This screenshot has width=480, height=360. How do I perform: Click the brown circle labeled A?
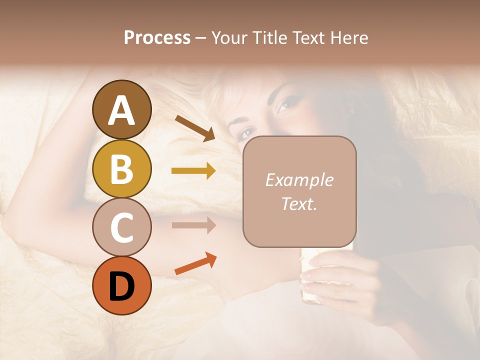pos(121,110)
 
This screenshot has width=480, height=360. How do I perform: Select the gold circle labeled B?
pos(121,168)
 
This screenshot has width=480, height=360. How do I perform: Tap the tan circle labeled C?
pos(121,227)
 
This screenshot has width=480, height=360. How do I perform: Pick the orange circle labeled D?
pos(121,285)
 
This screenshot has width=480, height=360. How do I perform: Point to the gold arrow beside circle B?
pos(193,171)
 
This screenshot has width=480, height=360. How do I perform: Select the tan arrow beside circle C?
pos(193,225)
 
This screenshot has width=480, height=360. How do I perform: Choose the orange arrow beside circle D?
pos(195,264)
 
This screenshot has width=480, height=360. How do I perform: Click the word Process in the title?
pos(157,38)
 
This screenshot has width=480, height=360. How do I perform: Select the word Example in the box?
pos(299,180)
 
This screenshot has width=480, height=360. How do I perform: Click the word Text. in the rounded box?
pos(299,203)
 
